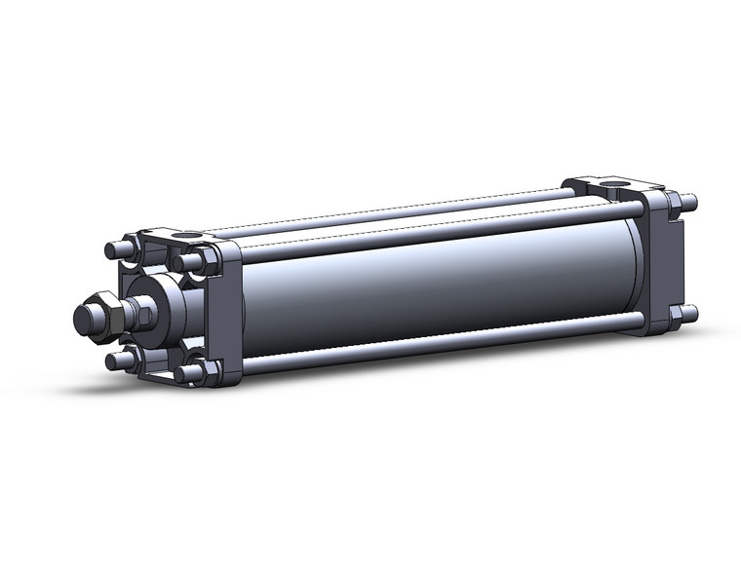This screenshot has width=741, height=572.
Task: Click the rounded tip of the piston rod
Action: [x=85, y=318]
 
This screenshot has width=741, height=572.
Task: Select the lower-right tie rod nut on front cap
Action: [x=193, y=371]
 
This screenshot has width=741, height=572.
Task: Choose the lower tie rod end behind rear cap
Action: [x=688, y=313]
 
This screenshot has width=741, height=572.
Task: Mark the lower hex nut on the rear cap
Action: [x=674, y=316]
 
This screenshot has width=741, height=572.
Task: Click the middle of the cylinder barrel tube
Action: [x=429, y=283]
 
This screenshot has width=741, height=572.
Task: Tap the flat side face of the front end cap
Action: [x=229, y=312]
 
